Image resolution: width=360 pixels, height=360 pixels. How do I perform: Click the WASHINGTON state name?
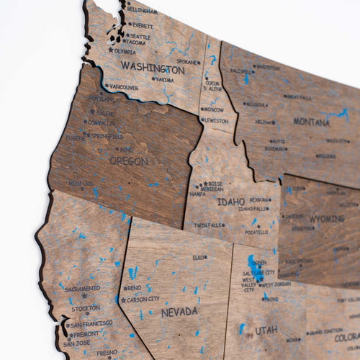(152, 68)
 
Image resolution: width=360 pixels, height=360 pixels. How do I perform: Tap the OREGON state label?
(129, 161)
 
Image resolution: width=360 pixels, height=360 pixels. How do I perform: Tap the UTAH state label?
(266, 329)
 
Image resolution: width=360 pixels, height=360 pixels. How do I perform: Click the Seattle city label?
(140, 36)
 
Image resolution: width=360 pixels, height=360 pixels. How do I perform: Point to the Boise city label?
(215, 184)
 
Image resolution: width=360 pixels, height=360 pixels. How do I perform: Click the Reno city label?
(135, 288)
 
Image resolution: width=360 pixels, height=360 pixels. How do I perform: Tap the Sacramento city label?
(82, 288)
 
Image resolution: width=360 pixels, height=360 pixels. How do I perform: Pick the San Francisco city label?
(91, 324)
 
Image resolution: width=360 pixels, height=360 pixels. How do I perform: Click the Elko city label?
(199, 257)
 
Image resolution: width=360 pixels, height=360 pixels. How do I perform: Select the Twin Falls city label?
(208, 225)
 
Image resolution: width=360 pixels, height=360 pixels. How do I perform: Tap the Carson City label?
(144, 299)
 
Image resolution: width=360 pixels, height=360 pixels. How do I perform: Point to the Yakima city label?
(164, 79)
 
